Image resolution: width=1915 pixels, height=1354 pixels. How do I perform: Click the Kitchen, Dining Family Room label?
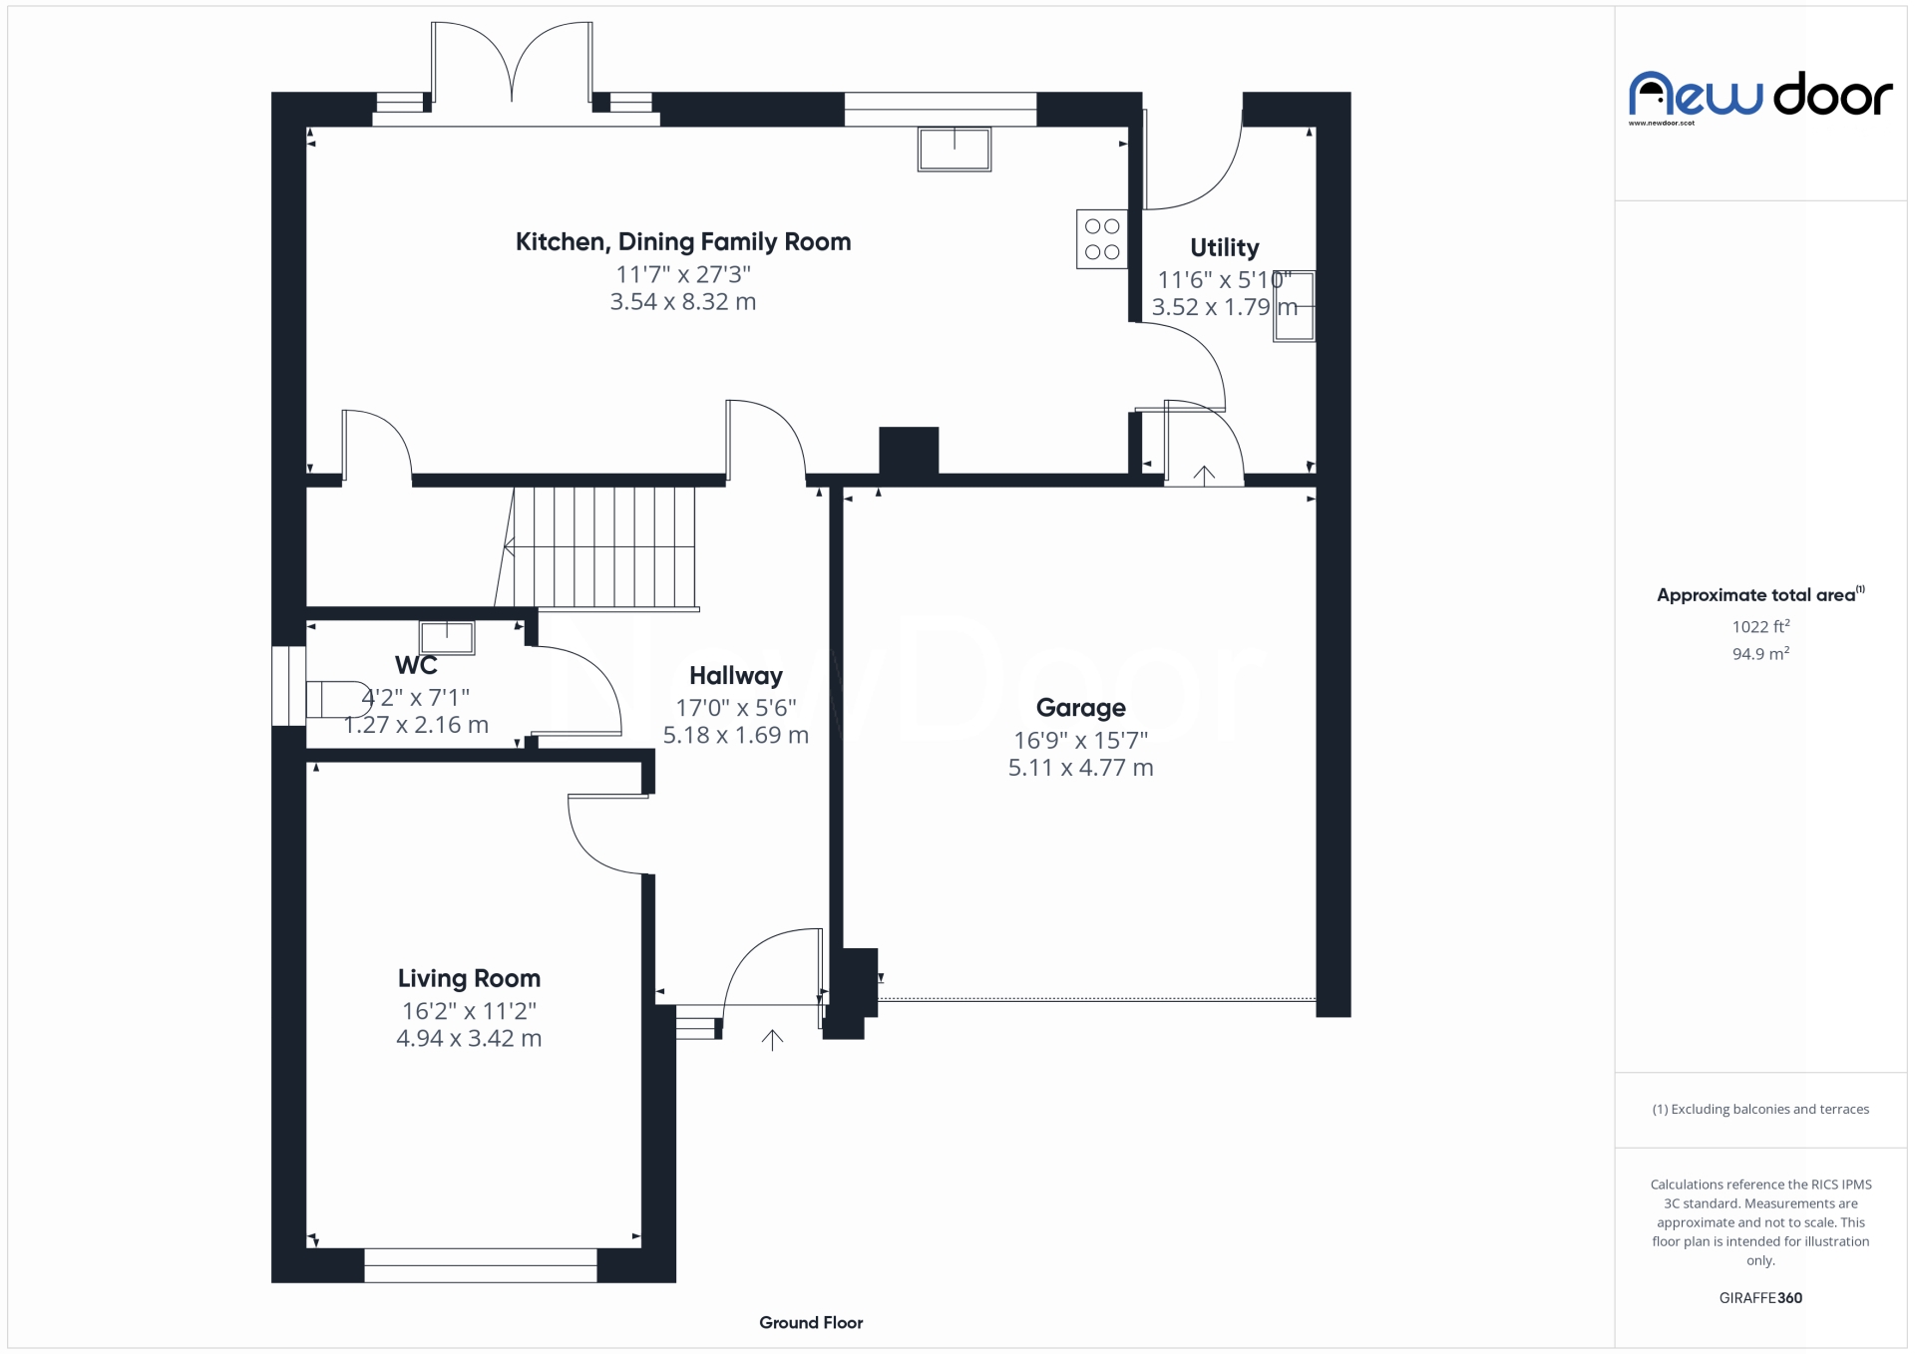point(682,242)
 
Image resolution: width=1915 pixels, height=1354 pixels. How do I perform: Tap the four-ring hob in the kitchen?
point(1102,239)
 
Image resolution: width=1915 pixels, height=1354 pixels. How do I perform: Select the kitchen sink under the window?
point(955,150)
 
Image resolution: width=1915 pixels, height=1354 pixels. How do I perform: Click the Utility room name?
point(1224,247)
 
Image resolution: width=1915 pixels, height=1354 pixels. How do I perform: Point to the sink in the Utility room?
point(1294,306)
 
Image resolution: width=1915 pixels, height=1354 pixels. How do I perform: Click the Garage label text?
point(1080,708)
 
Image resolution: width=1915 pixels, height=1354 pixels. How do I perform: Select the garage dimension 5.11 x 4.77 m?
point(1080,768)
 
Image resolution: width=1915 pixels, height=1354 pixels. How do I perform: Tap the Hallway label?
point(735,676)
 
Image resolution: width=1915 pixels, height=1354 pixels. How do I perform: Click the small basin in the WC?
point(447,636)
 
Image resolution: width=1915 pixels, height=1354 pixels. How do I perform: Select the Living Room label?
point(469,979)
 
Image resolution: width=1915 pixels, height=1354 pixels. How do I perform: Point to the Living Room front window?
point(480,1265)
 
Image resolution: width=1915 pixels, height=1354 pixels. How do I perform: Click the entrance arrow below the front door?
point(772,1040)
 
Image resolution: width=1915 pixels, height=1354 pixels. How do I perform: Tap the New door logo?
point(1760,96)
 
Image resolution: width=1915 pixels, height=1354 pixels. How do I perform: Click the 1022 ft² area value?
point(1760,626)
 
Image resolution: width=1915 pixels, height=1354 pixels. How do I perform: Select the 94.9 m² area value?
point(1760,654)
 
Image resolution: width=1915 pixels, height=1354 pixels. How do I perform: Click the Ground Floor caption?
point(810,1323)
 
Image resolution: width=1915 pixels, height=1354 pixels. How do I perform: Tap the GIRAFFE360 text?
point(1760,1298)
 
